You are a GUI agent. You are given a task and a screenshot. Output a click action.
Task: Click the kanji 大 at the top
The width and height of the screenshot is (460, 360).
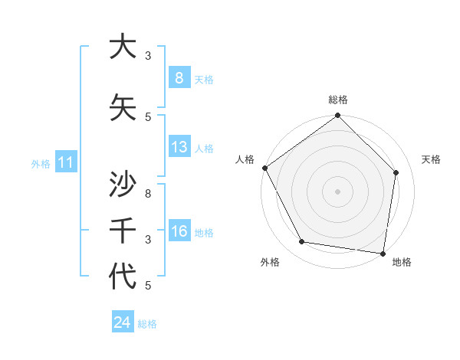click(x=122, y=47)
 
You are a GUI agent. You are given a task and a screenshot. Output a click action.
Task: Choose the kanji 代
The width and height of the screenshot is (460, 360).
click(x=122, y=276)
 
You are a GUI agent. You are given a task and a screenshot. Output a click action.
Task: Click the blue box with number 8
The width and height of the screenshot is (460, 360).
click(x=179, y=78)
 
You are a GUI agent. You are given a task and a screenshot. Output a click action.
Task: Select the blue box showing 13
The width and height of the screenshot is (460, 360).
click(x=179, y=147)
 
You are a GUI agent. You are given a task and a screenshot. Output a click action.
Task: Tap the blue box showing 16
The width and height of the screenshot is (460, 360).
click(x=179, y=231)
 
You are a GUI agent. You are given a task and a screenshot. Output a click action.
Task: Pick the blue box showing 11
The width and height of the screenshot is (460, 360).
click(x=65, y=162)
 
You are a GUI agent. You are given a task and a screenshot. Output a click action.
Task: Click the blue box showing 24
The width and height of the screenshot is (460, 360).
click(x=122, y=322)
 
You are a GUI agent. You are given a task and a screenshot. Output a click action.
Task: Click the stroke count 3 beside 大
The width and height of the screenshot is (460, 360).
click(x=148, y=55)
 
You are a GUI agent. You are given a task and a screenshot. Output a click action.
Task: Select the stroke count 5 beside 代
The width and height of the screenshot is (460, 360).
click(x=148, y=286)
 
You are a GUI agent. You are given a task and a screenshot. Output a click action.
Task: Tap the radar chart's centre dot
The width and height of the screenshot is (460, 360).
click(x=337, y=191)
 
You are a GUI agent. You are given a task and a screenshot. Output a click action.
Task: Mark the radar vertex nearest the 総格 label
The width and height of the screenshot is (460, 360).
click(x=337, y=116)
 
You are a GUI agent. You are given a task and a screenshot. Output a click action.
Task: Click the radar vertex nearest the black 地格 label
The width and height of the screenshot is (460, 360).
click(x=383, y=253)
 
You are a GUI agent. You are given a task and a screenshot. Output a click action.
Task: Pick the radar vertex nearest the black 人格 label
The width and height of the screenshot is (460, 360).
click(x=265, y=168)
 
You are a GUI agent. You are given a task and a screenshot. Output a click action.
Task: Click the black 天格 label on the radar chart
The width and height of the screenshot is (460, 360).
click(x=432, y=159)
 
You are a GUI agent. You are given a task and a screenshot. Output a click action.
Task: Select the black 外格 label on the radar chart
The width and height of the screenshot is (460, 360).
click(x=270, y=262)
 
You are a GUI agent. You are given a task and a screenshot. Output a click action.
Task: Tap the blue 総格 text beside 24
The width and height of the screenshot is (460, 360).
click(x=147, y=324)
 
